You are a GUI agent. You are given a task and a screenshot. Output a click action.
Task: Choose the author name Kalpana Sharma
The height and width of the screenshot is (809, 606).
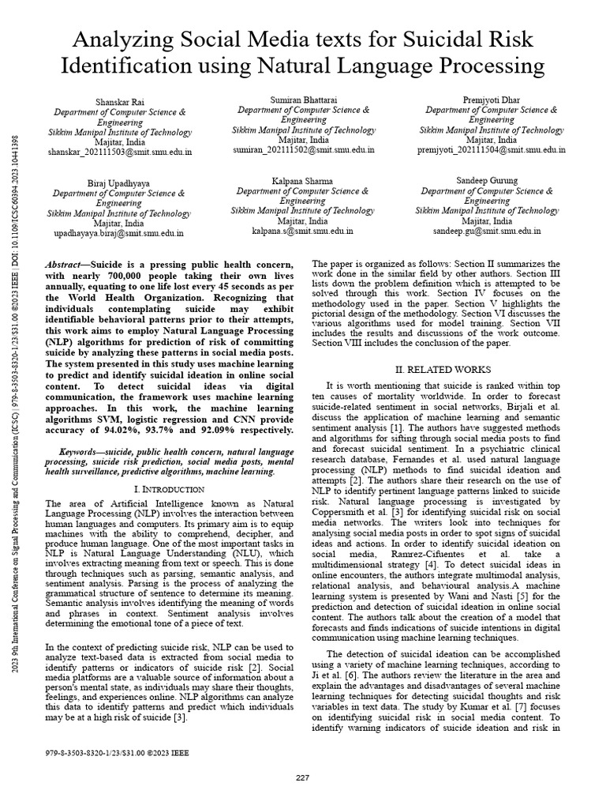click(x=303, y=181)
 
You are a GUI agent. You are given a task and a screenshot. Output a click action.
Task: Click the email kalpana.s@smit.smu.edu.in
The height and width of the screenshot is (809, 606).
click(x=303, y=231)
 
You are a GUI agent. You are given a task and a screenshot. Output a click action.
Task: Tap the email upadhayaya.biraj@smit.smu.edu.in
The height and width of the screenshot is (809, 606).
click(x=118, y=233)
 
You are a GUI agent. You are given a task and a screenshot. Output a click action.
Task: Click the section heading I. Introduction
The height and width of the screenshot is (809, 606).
click(x=170, y=490)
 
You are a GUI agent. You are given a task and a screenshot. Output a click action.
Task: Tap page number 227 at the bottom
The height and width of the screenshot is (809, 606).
click(x=302, y=778)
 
